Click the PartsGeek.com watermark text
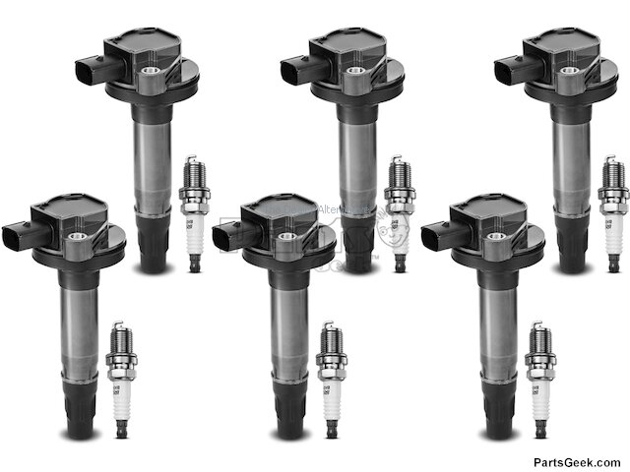[577, 461]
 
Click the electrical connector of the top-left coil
[88, 69]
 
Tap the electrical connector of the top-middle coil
[293, 69]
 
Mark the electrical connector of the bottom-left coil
[15, 236]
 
